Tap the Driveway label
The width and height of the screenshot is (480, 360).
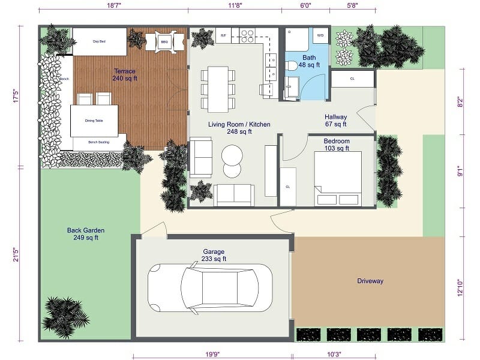(x=370, y=281)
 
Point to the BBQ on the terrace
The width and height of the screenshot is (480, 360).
(x=164, y=41)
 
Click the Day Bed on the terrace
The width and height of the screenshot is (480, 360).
(x=100, y=41)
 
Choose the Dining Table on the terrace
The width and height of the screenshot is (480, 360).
(x=94, y=121)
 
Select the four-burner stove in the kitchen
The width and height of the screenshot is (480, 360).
(x=247, y=36)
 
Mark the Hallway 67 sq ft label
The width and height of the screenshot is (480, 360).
(x=336, y=121)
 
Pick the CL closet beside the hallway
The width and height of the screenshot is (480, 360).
(x=352, y=78)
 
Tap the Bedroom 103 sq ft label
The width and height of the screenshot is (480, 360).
(x=336, y=145)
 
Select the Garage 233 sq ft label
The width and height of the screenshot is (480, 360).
(x=214, y=256)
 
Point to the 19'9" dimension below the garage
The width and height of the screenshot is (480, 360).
(x=212, y=355)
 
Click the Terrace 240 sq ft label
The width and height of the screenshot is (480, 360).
(x=125, y=74)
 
